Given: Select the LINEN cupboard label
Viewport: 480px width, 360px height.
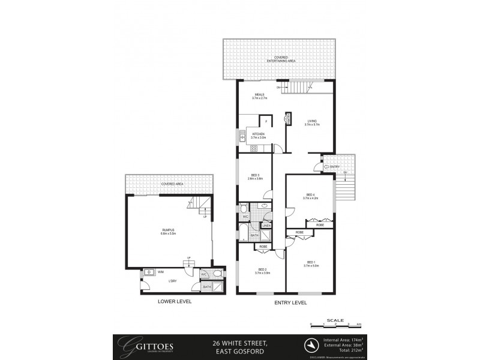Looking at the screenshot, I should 266,226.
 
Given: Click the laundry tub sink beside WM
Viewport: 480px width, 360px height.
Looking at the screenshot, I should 149,271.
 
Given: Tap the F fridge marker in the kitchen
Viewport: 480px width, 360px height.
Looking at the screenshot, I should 266,122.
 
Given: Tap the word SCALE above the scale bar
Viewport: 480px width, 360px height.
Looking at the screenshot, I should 337,320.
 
